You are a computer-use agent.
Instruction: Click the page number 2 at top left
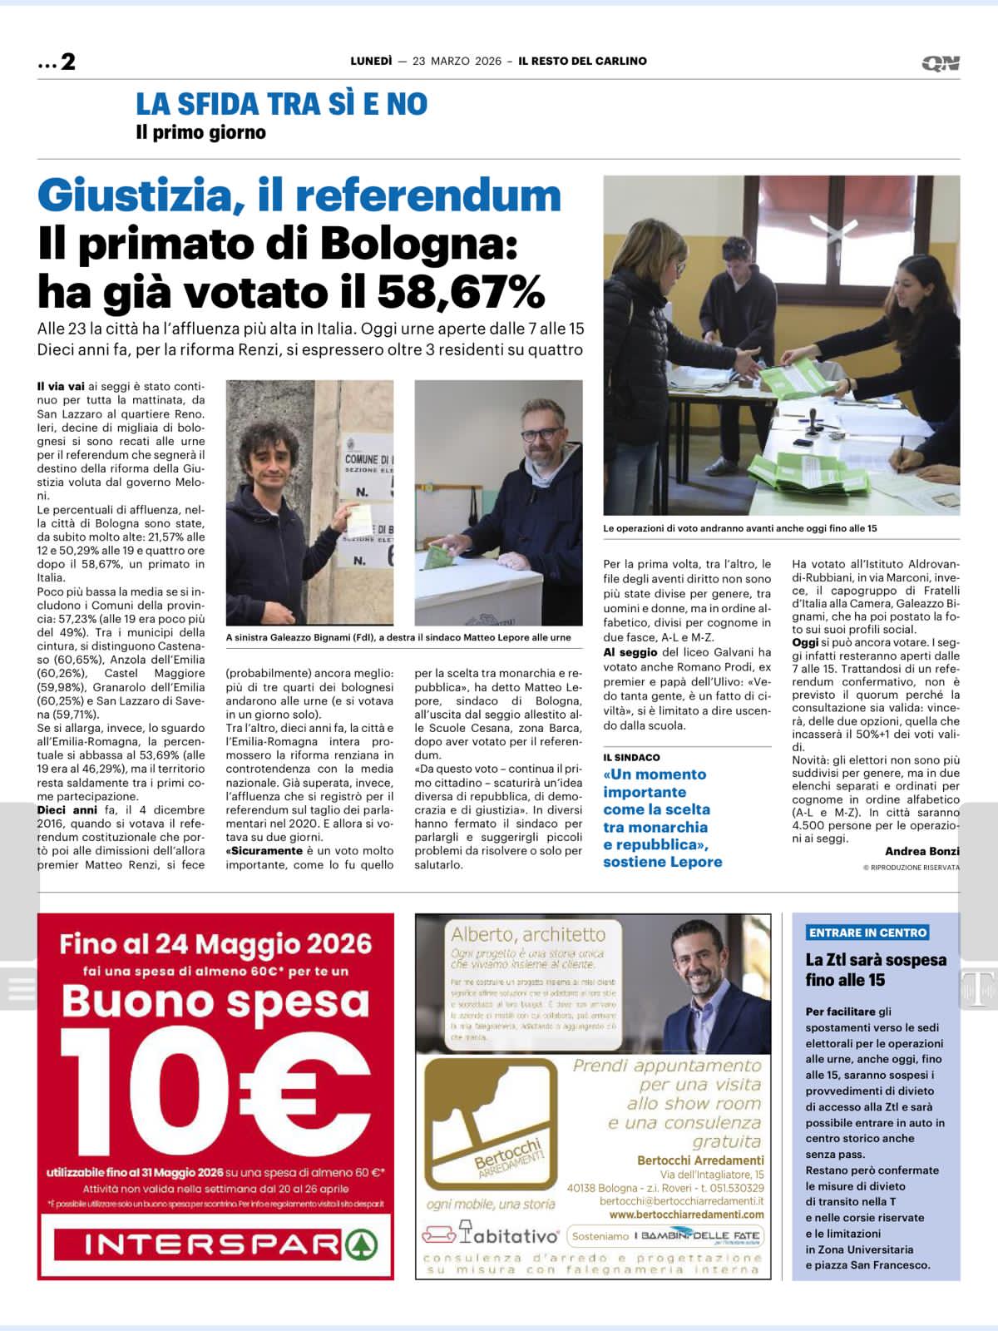point(67,62)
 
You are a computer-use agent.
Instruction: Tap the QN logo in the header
point(941,63)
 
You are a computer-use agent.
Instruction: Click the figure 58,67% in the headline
point(461,290)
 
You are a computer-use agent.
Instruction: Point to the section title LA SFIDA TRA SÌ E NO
point(281,104)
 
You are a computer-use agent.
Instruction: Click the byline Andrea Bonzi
point(921,851)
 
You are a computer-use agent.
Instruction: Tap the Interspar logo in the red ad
point(215,1244)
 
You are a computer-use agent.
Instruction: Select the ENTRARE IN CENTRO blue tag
point(867,933)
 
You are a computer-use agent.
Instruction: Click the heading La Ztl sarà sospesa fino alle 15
point(875,970)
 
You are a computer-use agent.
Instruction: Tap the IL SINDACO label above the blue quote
point(631,757)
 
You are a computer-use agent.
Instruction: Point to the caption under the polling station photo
point(740,528)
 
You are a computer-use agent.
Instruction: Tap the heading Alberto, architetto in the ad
point(528,933)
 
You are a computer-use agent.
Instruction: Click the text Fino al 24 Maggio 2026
point(215,944)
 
